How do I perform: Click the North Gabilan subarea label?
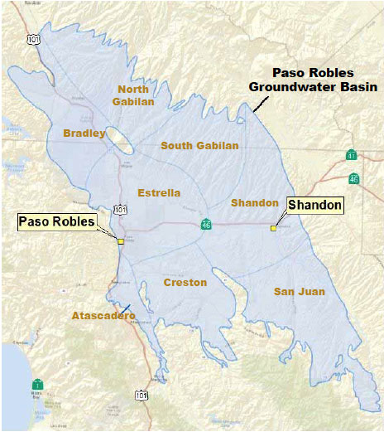pos(135,95)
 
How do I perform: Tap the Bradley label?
pos(84,133)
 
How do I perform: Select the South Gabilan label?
pos(199,146)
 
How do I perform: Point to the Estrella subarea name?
pos(158,192)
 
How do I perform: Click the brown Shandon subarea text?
pos(254,202)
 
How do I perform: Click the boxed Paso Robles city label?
pos(58,221)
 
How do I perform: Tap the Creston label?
pos(185,283)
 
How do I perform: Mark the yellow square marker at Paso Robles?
pos(121,241)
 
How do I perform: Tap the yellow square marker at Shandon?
pos(273,228)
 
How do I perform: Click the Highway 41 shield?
pos(353,155)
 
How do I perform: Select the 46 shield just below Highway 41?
pos(354,177)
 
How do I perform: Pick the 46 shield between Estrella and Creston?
pos(205,225)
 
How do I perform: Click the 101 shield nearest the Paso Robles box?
pos(121,210)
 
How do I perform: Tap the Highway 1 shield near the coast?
pos(37,383)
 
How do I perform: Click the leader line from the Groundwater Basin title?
pos(262,103)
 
